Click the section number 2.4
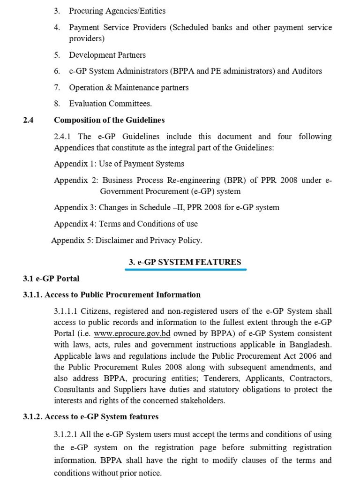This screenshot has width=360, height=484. coord(28,120)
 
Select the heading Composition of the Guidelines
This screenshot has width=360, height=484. coord(109,120)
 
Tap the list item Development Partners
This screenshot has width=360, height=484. coord(107,55)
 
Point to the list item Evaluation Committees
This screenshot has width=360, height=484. coord(110,104)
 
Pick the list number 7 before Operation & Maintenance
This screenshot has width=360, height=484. coord(57,88)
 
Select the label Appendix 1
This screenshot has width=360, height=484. coord(75,164)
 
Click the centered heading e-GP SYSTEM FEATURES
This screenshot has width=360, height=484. coord(185,262)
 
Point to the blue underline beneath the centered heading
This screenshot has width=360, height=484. coord(186,270)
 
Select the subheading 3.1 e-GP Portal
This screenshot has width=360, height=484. coord(51,279)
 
